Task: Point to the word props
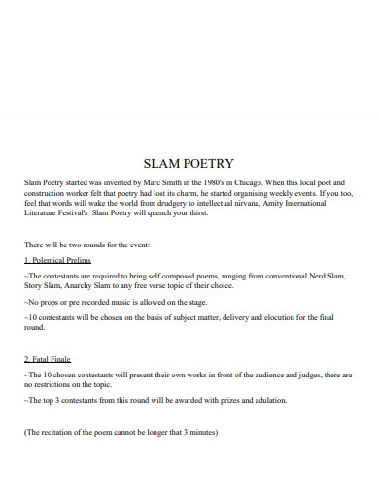tap(47, 302)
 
